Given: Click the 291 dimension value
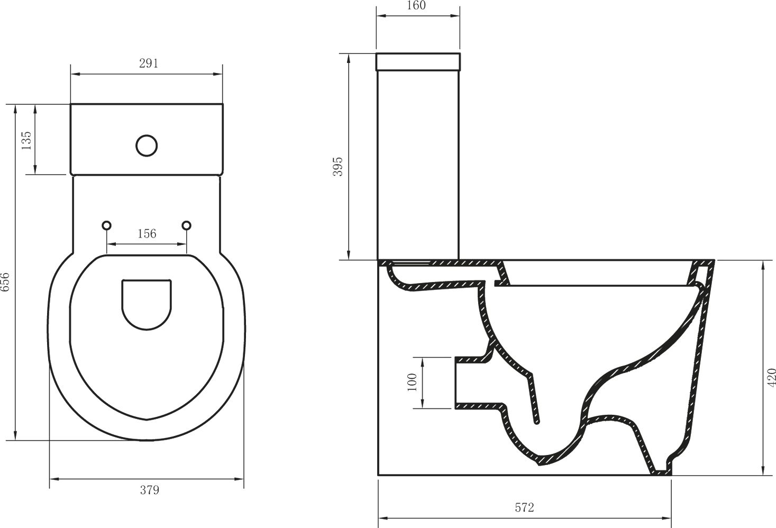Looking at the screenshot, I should pyautogui.click(x=148, y=63).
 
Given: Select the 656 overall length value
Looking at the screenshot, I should pyautogui.click(x=5, y=283).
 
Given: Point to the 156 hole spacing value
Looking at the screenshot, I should pyautogui.click(x=147, y=233).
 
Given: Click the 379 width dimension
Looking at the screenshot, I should pyautogui.click(x=149, y=490).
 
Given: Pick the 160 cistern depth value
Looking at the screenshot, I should pyautogui.click(x=417, y=6).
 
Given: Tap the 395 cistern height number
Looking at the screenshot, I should pyautogui.click(x=338, y=167).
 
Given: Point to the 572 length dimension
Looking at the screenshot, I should pyautogui.click(x=524, y=508).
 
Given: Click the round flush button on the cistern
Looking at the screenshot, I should pyautogui.click(x=147, y=145).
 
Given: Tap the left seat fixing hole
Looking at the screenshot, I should pyautogui.click(x=107, y=225).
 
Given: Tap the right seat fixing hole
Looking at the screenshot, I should pyautogui.click(x=186, y=225).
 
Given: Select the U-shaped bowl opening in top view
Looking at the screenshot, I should pyautogui.click(x=147, y=304).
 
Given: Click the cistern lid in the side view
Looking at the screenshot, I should pyautogui.click(x=418, y=62).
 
